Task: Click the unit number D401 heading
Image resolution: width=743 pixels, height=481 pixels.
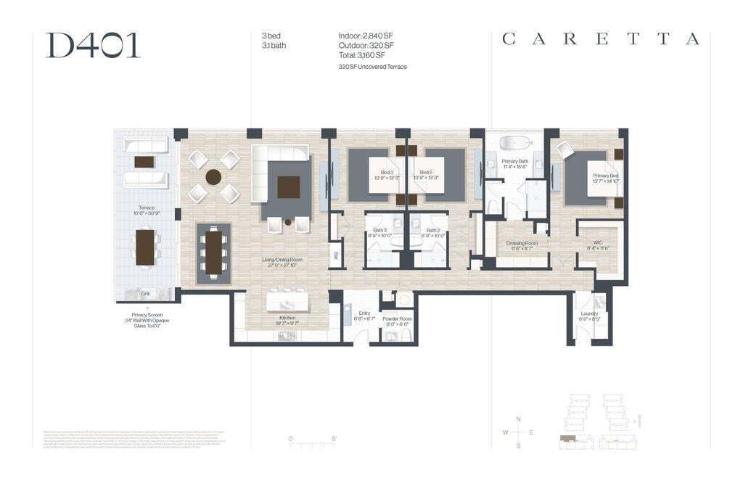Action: click(x=93, y=45)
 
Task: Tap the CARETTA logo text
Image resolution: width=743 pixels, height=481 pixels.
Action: click(x=600, y=39)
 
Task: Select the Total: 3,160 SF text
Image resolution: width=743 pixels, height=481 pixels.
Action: click(x=361, y=54)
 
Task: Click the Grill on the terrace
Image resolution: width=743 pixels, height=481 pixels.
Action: click(x=145, y=293)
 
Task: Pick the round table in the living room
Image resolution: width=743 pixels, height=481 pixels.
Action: click(x=213, y=176)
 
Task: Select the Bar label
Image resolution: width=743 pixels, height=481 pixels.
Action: click(x=336, y=255)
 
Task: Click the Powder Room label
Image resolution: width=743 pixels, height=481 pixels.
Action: click(x=397, y=318)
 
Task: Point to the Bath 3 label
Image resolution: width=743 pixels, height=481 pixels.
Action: click(x=380, y=231)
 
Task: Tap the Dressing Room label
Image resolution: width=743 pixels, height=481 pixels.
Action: click(x=522, y=244)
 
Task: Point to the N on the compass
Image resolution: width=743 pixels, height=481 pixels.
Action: click(x=518, y=419)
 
